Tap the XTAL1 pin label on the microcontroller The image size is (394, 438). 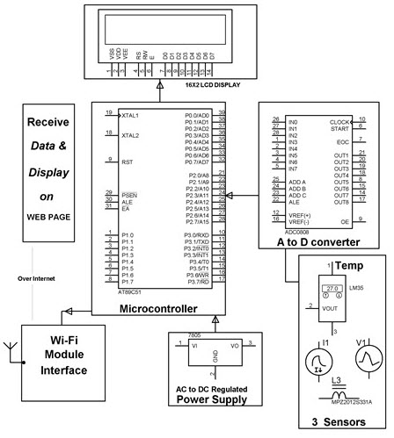130,115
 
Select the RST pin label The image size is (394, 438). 127,162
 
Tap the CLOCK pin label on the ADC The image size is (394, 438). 340,121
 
